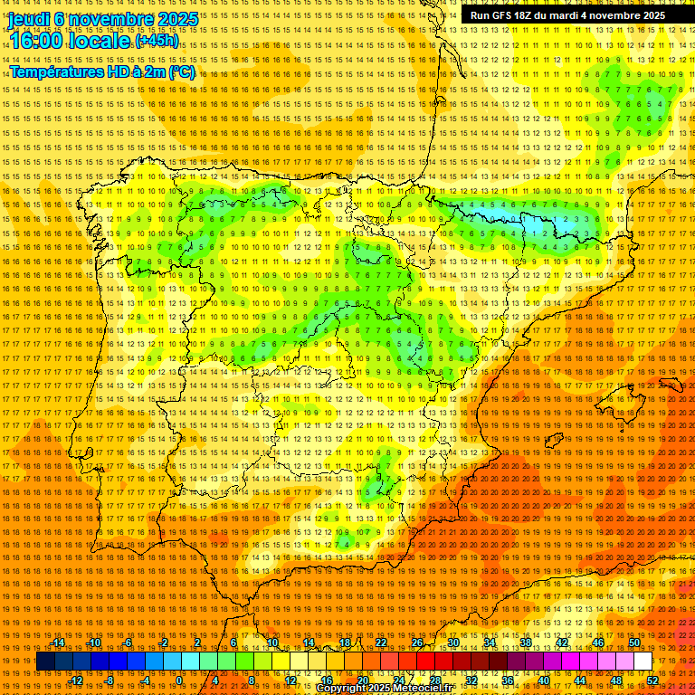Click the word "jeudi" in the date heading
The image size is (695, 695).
pyautogui.click(x=28, y=18)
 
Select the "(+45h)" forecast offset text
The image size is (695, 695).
pyautogui.click(x=157, y=41)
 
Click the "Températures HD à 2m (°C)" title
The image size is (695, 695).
pyautogui.click(x=101, y=71)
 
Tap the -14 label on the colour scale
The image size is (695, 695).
pyautogui.click(x=58, y=643)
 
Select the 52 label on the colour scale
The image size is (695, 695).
pyautogui.click(x=652, y=681)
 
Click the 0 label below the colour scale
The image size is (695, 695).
pyautogui.click(x=180, y=681)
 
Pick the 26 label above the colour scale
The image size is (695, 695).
pyautogui.click(x=417, y=643)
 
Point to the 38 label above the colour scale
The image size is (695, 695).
pyautogui.click(x=525, y=643)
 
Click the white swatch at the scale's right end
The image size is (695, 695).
pyautogui.click(x=643, y=662)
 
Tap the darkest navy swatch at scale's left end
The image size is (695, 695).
pyautogui.click(x=45, y=662)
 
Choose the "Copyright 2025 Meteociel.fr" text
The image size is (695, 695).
pyautogui.click(x=384, y=689)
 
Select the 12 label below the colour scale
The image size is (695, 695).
pyautogui.click(x=290, y=681)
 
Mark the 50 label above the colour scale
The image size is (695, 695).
pyautogui.click(x=634, y=643)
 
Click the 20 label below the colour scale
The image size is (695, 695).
pyautogui.click(x=363, y=681)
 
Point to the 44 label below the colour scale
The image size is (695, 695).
pyautogui.click(x=580, y=681)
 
